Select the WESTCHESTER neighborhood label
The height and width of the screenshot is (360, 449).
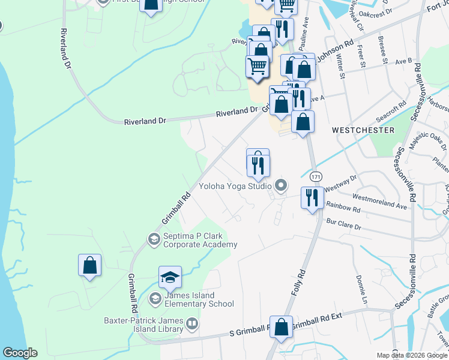[x=363, y=130]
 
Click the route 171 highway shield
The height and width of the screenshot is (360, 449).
[x=316, y=177]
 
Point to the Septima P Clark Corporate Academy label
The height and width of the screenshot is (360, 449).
[x=200, y=240]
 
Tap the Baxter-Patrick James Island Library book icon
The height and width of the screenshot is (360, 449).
[x=192, y=325]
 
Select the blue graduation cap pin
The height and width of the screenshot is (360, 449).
[x=170, y=278]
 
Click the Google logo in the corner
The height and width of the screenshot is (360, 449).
[x=20, y=353]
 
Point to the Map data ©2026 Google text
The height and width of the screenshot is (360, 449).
[x=411, y=355]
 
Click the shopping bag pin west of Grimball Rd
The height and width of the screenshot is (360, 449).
[x=89, y=266]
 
